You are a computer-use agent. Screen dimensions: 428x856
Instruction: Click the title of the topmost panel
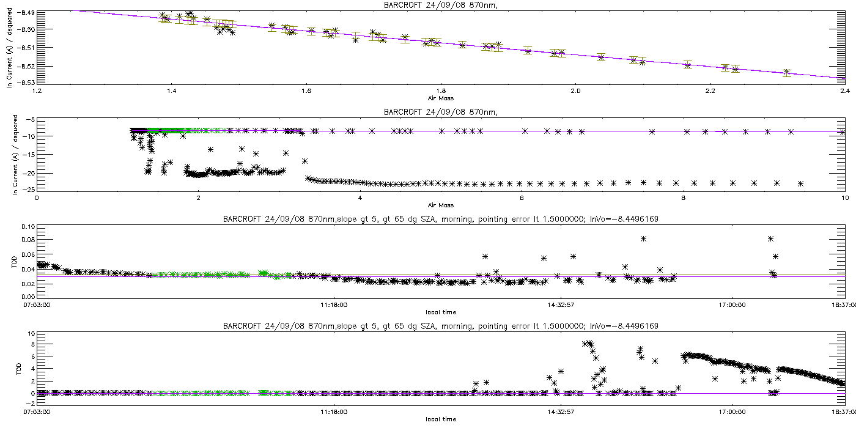(440, 6)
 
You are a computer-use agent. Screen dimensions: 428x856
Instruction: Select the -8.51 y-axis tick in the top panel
(27, 47)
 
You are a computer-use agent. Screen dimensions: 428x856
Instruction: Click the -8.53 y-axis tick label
(27, 82)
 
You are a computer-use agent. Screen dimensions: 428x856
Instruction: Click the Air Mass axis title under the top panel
(440, 98)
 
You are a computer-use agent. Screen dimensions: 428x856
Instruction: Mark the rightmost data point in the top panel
(787, 73)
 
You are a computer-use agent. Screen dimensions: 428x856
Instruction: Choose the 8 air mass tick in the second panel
(683, 197)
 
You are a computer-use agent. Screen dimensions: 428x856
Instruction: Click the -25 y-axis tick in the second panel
(28, 190)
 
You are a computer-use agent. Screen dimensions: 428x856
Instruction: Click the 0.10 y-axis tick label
(27, 226)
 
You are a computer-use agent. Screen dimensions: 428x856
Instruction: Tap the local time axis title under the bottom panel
(440, 419)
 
